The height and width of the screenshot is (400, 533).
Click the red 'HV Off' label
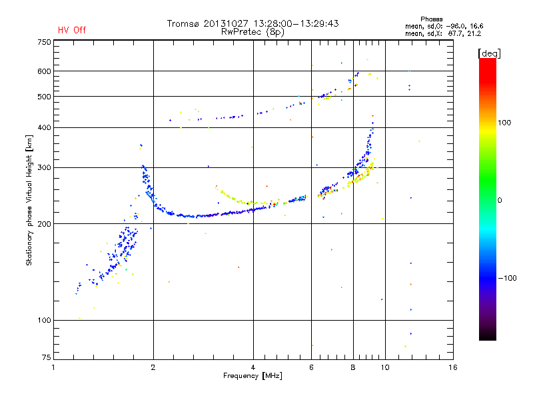click(x=72, y=30)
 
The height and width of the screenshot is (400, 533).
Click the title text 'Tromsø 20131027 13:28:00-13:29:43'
click(x=253, y=23)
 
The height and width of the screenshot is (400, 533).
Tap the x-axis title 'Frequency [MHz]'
click(x=253, y=377)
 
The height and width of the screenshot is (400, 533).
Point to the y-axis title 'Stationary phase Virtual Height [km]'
click(x=29, y=200)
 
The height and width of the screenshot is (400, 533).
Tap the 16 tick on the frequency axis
click(x=452, y=367)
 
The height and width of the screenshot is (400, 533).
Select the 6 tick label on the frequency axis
click(x=312, y=367)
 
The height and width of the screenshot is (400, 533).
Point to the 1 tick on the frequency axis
click(x=53, y=367)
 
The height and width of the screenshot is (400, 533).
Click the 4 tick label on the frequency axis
click(x=253, y=367)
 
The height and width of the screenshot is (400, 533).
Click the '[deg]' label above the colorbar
click(x=490, y=53)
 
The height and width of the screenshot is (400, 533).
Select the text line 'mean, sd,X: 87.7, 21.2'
click(x=443, y=33)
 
